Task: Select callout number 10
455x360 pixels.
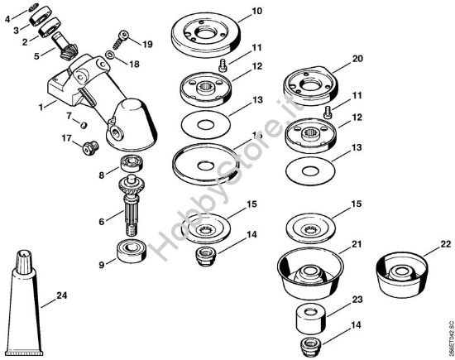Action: click(256, 12)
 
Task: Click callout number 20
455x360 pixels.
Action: click(357, 59)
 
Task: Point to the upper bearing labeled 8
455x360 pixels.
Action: click(132, 161)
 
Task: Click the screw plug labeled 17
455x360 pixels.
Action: click(89, 149)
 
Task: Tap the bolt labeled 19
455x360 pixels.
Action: click(122, 36)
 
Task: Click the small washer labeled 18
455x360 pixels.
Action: click(111, 57)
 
